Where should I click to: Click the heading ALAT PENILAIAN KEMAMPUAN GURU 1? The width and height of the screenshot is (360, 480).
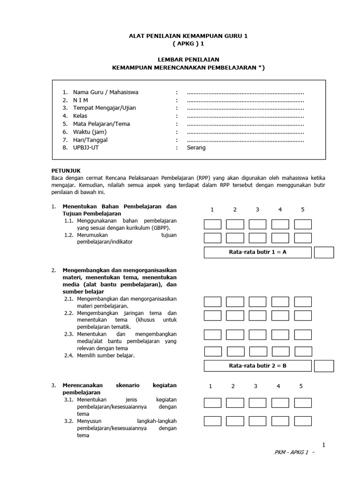point(188,35)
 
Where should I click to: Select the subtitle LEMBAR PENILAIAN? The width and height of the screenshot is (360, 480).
point(188,60)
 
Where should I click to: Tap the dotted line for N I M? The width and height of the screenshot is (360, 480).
point(245,100)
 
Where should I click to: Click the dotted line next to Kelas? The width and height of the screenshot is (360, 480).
point(245,116)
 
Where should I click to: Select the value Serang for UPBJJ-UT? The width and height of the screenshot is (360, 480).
point(196,148)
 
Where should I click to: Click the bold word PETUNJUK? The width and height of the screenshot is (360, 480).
point(66,171)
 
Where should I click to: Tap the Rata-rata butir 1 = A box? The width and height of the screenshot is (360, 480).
point(257,252)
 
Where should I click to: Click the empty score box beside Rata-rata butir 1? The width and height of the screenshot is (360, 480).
point(324,252)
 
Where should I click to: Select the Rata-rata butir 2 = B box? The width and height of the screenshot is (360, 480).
point(257,366)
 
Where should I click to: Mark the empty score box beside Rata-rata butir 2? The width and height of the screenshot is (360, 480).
point(324,366)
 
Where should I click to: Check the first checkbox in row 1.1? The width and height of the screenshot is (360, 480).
point(212,224)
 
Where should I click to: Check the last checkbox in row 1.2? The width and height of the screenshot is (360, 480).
point(303,238)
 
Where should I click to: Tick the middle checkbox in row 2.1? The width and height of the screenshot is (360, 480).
point(257,301)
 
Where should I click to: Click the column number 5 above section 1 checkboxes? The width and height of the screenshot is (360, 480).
point(303,209)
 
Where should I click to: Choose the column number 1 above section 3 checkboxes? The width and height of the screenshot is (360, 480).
point(211,386)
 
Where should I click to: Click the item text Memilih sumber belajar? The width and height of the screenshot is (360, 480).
point(105,355)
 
